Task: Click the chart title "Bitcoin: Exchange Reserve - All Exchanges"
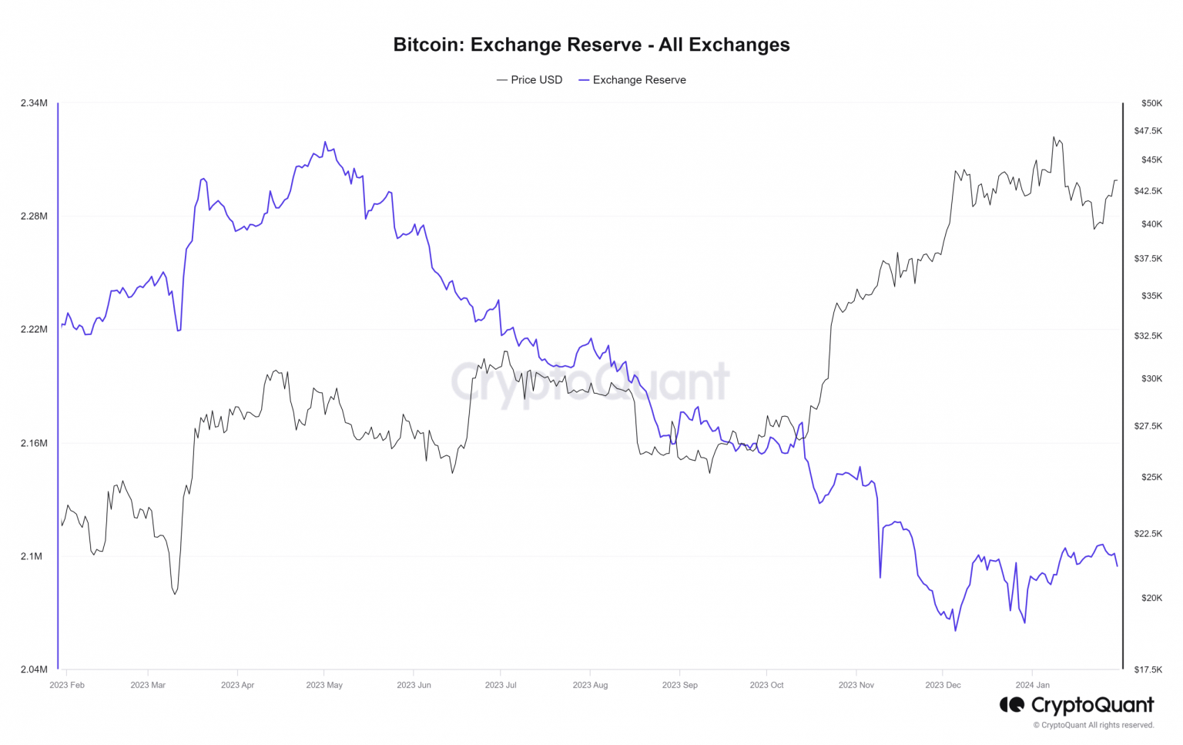591,45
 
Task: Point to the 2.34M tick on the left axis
34,103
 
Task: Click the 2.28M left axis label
34,216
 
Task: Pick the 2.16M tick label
34,444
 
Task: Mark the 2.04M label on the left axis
34,669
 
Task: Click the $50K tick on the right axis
1151,103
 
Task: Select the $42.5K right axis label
1148,191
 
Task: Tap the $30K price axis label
1151,379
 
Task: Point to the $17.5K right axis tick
1148,669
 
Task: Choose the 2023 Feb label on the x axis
67,685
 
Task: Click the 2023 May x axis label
324,685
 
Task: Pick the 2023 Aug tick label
590,685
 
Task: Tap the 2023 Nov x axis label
856,685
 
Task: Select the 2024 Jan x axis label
1032,685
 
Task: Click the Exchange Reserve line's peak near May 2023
325,143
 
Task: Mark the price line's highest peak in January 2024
1054,137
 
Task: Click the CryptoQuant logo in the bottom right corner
1077,705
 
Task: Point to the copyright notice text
1094,725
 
